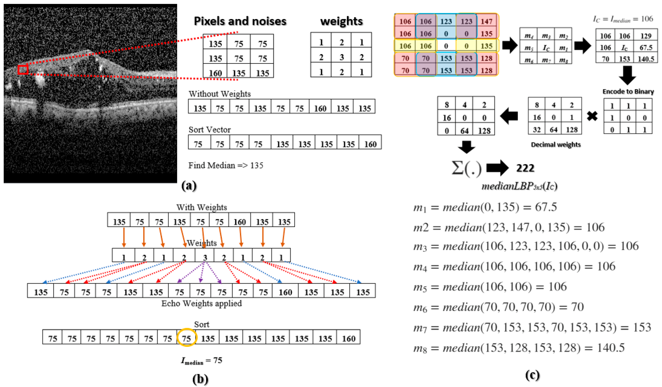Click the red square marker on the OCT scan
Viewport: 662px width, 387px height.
tap(23, 70)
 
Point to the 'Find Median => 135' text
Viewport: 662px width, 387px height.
tap(226, 165)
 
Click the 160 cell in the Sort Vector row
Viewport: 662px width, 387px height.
tap(370, 144)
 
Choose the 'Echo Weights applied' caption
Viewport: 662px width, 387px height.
tap(201, 303)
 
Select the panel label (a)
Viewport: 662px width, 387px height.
tap(189, 186)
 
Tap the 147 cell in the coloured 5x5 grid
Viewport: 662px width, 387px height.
tap(486, 21)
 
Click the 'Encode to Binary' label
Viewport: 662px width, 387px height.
tap(628, 91)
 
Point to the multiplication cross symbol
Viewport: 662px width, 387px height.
tap(592, 116)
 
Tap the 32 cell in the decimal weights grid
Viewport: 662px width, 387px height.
tap(537, 129)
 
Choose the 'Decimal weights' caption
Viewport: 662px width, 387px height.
tap(556, 144)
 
